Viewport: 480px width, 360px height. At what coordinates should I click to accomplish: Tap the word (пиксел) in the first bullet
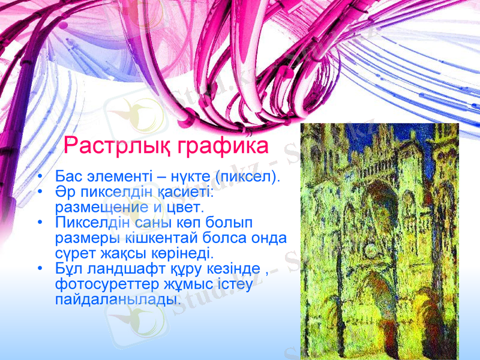point(249,177)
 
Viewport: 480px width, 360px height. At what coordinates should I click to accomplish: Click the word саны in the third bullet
point(143,223)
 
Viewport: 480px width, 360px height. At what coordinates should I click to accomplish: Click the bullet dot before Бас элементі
point(39,178)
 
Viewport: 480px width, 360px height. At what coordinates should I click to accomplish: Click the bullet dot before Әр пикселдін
point(39,193)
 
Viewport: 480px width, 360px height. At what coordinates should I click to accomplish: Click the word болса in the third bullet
point(243,238)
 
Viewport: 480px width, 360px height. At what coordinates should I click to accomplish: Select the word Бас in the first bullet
point(67,177)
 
